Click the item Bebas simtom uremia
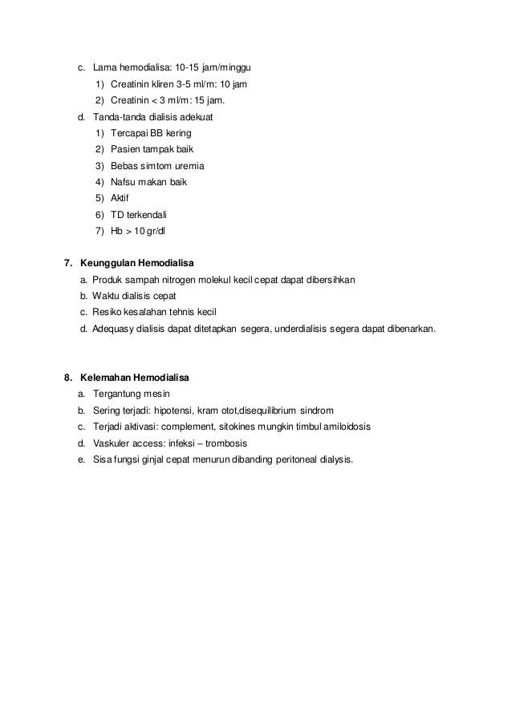click(160, 166)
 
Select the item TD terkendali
click(145, 215)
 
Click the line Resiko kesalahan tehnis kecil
click(154, 312)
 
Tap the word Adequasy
click(114, 329)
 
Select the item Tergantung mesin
click(132, 394)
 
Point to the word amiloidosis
click(343, 427)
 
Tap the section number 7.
click(67, 262)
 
